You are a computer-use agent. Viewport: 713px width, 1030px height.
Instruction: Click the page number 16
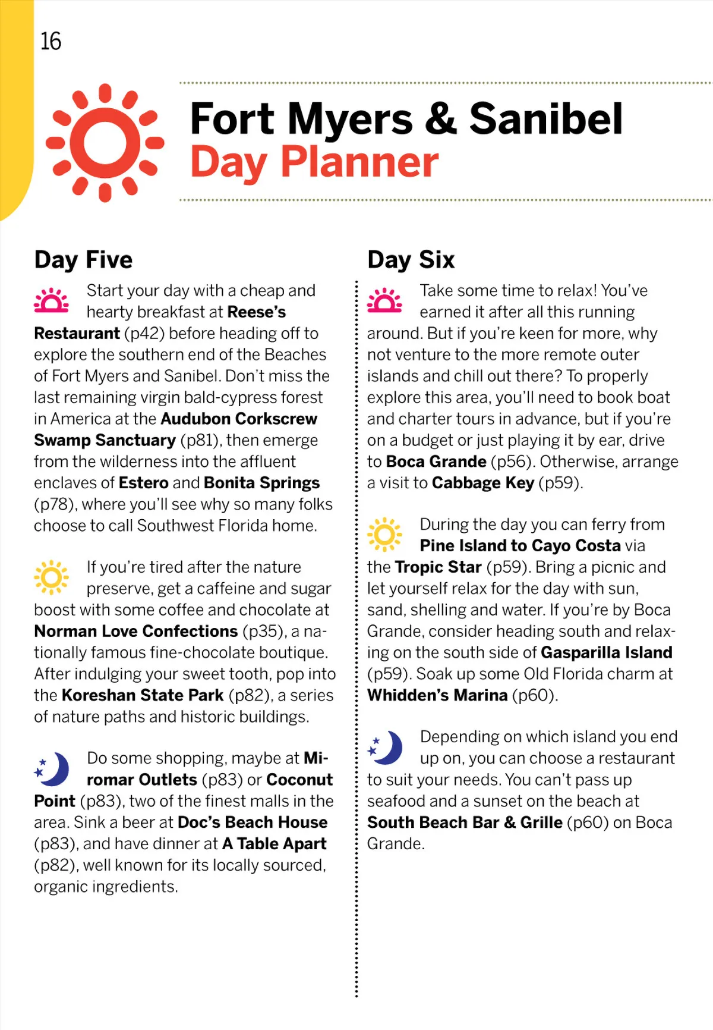(x=51, y=42)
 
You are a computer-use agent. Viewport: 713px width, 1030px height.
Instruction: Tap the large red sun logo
(x=105, y=143)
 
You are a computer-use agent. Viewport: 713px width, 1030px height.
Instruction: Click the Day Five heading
(x=83, y=260)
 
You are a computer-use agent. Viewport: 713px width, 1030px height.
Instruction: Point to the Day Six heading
(x=411, y=260)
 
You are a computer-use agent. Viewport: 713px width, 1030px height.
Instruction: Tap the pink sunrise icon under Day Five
(x=52, y=301)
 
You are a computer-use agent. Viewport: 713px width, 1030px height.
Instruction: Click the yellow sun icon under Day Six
(x=384, y=534)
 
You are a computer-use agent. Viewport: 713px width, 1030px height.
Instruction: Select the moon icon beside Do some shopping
(x=52, y=768)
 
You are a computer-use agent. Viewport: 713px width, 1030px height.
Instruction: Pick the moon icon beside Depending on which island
(x=385, y=747)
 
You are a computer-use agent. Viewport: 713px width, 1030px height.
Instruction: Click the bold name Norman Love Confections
(x=136, y=631)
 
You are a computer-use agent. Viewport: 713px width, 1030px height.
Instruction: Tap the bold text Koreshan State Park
(x=143, y=695)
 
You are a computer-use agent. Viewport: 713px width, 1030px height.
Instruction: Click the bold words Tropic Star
(x=438, y=567)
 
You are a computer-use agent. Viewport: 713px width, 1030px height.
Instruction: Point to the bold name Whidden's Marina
(x=437, y=695)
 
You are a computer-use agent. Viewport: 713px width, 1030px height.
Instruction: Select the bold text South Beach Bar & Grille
(x=465, y=822)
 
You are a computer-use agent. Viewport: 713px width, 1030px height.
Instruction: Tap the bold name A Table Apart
(x=274, y=844)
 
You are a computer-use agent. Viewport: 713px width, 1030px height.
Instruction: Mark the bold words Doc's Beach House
(x=253, y=822)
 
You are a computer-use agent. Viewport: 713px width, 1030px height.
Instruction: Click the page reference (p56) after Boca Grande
(x=511, y=462)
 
